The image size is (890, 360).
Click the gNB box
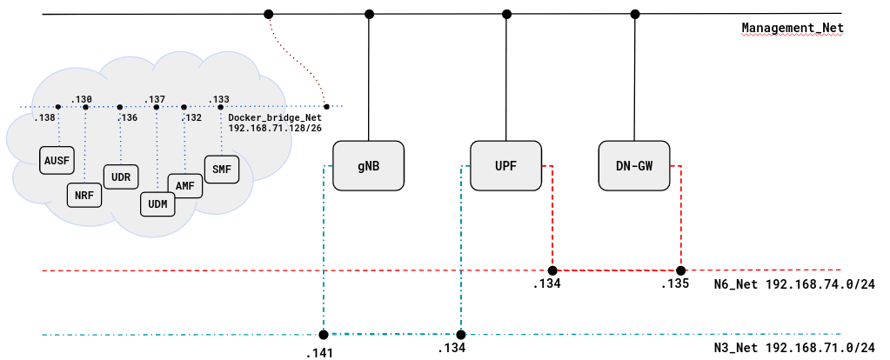point(369,164)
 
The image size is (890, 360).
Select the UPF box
point(505,164)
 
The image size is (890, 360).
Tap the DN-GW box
point(634,164)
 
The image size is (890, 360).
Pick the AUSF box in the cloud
point(56,161)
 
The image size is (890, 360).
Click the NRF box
point(84,195)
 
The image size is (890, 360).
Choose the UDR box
point(121,177)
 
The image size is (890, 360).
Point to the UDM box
point(157,203)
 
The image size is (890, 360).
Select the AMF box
point(184,185)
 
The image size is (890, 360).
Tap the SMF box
point(221,169)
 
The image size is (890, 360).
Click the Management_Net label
point(792,28)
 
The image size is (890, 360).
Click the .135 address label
point(674,284)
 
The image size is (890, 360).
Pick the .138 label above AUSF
point(44,117)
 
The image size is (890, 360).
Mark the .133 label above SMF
point(219,99)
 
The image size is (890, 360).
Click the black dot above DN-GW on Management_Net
point(635,14)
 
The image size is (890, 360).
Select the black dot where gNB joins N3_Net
point(323,335)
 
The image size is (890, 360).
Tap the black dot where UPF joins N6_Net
point(552,270)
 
